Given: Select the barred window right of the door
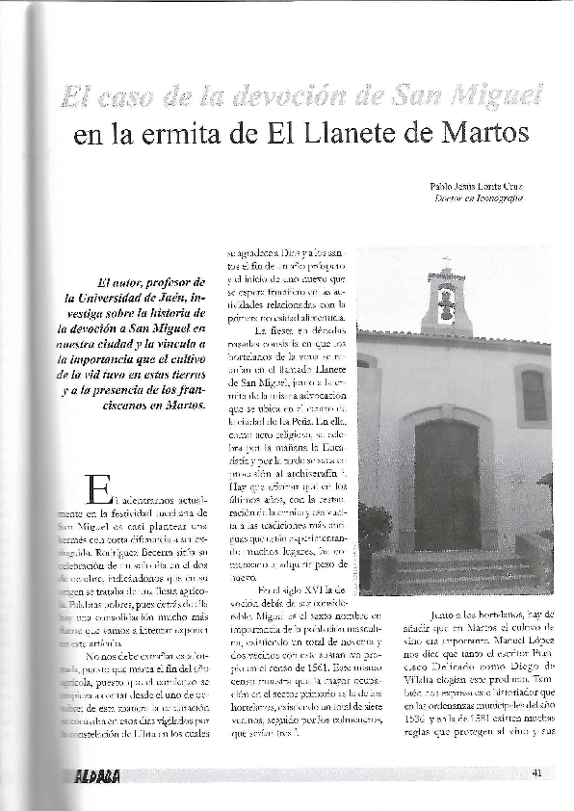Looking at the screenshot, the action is [x=534, y=395].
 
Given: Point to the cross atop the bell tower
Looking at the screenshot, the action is [x=446, y=261].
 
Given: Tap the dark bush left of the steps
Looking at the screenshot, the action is [x=374, y=535].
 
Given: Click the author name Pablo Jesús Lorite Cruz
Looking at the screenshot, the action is [x=477, y=185].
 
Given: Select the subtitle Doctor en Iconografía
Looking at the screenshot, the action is [x=479, y=198].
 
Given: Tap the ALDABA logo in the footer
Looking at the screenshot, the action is [x=97, y=776].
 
